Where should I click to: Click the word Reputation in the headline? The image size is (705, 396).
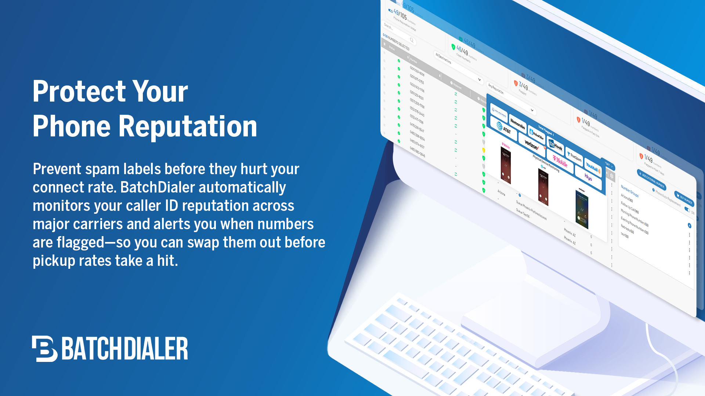coord(187,126)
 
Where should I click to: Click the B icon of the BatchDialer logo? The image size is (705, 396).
coord(44,348)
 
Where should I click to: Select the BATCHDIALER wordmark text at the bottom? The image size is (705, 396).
coord(125,348)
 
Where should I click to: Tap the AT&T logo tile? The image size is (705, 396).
coord(504,128)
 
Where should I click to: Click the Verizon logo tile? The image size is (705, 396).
coord(531,144)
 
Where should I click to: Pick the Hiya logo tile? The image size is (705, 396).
coord(588,177)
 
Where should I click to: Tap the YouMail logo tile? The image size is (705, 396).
coord(593,167)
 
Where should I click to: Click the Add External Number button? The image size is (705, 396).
coord(651,180)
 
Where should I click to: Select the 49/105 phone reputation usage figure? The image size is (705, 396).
coord(400,15)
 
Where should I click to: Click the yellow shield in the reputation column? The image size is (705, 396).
coord(484,150)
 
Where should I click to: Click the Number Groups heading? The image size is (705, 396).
coord(629,191)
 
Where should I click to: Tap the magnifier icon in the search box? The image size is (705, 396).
coord(412,40)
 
